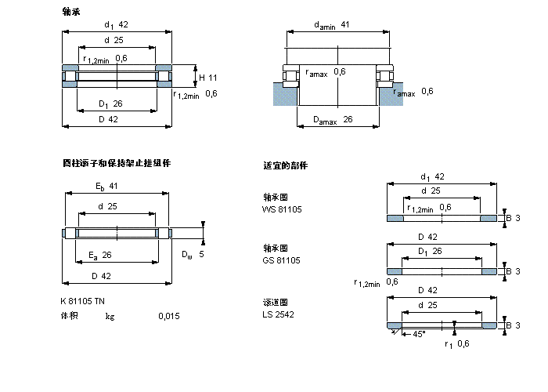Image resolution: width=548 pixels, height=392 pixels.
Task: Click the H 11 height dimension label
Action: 207,77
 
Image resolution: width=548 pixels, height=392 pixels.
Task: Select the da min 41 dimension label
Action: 332,25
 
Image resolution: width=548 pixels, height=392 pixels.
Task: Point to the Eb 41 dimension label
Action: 106,186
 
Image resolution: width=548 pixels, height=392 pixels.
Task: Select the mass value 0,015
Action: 168,316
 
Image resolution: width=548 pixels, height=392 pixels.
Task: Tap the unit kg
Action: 110,316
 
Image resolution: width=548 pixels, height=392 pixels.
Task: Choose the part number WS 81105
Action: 282,209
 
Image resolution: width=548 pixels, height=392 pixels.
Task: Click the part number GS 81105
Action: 282,260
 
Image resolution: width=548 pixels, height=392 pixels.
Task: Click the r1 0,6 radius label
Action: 457,343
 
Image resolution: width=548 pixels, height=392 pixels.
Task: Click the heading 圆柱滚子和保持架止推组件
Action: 116,163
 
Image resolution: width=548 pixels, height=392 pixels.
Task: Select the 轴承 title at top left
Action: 70,12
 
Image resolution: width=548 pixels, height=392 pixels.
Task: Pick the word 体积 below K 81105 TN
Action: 70,316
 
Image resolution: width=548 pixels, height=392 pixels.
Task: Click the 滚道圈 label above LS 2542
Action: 276,302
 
